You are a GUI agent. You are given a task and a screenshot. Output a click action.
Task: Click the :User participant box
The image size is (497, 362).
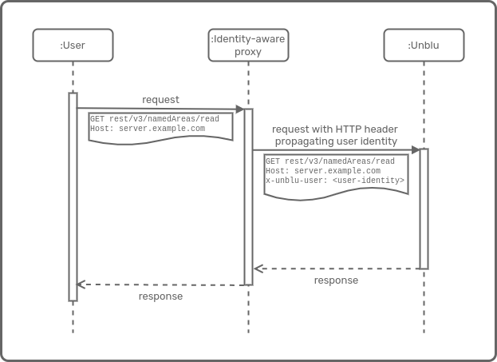tap(73, 45)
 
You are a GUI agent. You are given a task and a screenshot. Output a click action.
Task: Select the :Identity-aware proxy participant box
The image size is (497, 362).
tap(247, 45)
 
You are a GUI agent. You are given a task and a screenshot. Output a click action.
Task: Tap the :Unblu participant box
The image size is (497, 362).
tap(423, 45)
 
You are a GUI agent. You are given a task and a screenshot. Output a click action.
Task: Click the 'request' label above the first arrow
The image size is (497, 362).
tap(160, 100)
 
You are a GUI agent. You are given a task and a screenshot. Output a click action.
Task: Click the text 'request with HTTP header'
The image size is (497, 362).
tap(335, 129)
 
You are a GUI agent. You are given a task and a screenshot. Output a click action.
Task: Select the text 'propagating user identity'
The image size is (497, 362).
tap(336, 141)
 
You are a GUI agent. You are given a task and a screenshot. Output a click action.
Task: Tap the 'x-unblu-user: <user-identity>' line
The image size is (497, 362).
tap(335, 181)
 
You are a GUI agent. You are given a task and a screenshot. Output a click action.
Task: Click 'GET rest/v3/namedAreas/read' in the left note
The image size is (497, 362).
tap(154, 119)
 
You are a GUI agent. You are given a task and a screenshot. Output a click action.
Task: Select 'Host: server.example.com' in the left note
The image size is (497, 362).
tap(147, 128)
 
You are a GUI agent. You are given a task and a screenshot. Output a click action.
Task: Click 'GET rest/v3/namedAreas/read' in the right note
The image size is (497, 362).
tap(329, 161)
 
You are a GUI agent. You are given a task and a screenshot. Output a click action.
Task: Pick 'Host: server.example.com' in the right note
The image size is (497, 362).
tap(322, 171)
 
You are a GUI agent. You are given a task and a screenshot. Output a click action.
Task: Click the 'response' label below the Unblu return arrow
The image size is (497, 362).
tap(336, 280)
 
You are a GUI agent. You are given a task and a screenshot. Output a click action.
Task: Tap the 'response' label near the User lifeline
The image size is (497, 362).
tap(160, 296)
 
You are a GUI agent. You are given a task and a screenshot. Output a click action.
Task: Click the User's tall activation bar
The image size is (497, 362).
tap(73, 200)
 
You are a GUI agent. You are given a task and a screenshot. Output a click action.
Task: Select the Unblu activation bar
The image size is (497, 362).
tap(424, 208)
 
